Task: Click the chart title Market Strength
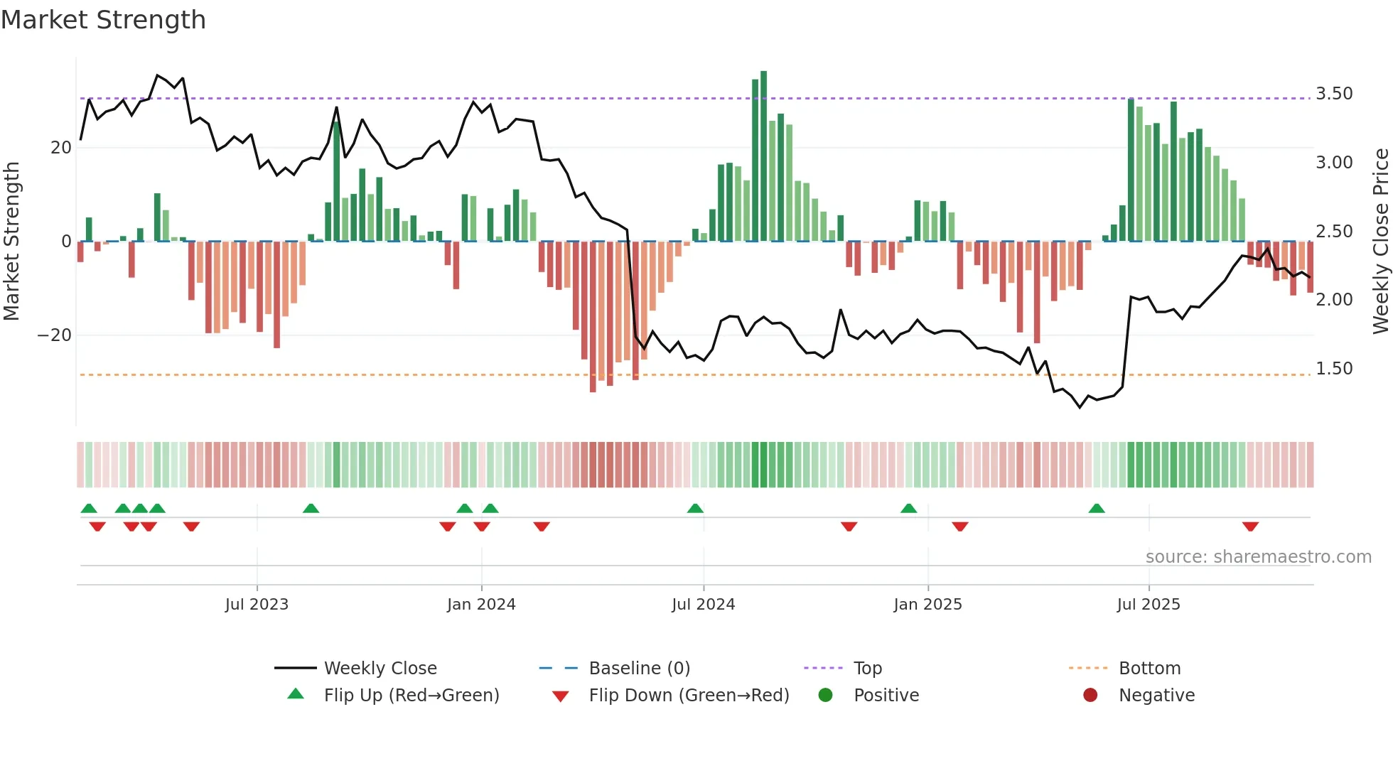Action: (x=103, y=20)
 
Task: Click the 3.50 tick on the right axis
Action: (x=1334, y=94)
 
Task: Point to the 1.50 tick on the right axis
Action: (x=1334, y=369)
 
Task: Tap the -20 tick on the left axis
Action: (x=55, y=335)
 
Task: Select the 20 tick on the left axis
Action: (x=61, y=148)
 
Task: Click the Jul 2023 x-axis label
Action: (x=257, y=605)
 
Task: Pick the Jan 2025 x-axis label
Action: (x=927, y=605)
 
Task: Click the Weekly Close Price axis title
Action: (x=1380, y=242)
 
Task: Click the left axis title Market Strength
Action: (x=12, y=242)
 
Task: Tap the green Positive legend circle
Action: (x=825, y=696)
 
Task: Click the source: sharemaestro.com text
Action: (x=1258, y=557)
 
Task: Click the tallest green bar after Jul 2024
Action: (x=763, y=156)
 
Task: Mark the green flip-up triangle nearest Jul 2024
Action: (x=695, y=509)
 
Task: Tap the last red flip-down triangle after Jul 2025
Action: (x=1250, y=526)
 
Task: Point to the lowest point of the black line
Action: (x=1080, y=407)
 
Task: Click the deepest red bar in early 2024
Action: (x=593, y=316)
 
